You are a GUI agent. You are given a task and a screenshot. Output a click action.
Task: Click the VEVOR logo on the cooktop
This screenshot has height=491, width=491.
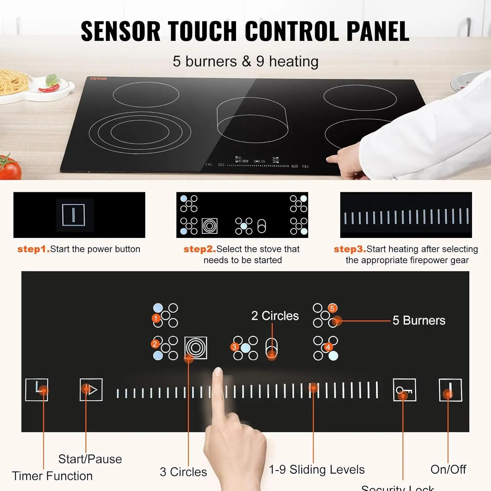click(x=99, y=79)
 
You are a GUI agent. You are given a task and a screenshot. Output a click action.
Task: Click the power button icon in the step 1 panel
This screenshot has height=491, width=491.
click(x=74, y=215)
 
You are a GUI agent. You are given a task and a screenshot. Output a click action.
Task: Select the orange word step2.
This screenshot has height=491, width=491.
click(x=199, y=249)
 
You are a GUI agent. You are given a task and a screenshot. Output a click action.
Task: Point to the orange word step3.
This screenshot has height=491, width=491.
click(x=350, y=249)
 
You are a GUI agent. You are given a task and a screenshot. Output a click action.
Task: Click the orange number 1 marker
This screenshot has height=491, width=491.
click(x=156, y=318)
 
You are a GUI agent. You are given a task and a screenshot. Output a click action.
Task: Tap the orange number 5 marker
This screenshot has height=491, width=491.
click(x=332, y=308)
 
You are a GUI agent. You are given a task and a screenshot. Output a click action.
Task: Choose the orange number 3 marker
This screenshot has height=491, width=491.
click(x=234, y=347)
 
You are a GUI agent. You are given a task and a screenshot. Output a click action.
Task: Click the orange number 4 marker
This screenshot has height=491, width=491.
click(x=328, y=347)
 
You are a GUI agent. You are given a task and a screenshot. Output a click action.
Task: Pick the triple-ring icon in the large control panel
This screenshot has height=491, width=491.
click(x=196, y=348)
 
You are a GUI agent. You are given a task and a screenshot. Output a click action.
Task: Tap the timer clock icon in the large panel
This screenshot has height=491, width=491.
click(x=37, y=390)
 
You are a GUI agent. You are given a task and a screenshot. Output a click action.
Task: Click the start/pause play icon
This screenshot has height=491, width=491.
click(x=91, y=390)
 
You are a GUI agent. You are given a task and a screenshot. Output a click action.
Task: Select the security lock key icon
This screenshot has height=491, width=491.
click(x=404, y=390)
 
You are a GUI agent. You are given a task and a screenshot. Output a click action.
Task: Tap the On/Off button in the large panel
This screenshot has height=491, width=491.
click(x=450, y=390)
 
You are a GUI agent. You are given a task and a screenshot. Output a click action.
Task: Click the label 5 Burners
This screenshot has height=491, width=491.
click(x=419, y=320)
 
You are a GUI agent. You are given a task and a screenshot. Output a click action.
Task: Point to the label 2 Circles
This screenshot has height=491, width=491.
click(x=275, y=316)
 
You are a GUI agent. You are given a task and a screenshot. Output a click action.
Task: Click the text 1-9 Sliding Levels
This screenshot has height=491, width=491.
click(x=317, y=469)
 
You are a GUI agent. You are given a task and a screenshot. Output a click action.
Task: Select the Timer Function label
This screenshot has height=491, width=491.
click(x=52, y=476)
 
